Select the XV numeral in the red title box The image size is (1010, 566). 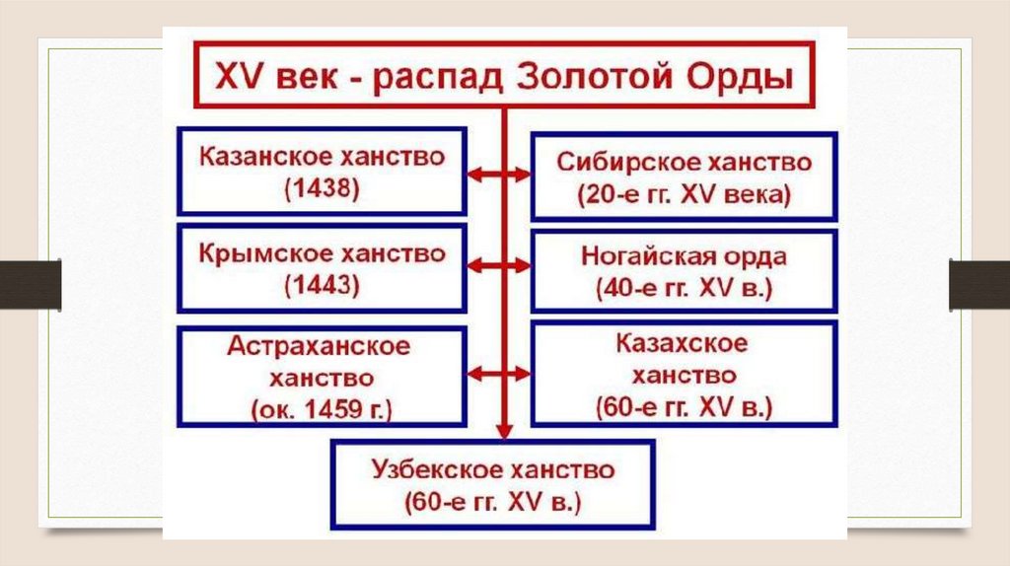[233, 76]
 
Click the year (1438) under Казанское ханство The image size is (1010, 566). [322, 189]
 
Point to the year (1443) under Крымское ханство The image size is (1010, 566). [322, 287]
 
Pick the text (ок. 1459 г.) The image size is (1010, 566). [322, 408]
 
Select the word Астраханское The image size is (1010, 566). [319, 346]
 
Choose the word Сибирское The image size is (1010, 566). [622, 161]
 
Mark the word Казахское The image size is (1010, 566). [683, 344]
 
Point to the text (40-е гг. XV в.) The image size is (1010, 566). [684, 289]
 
